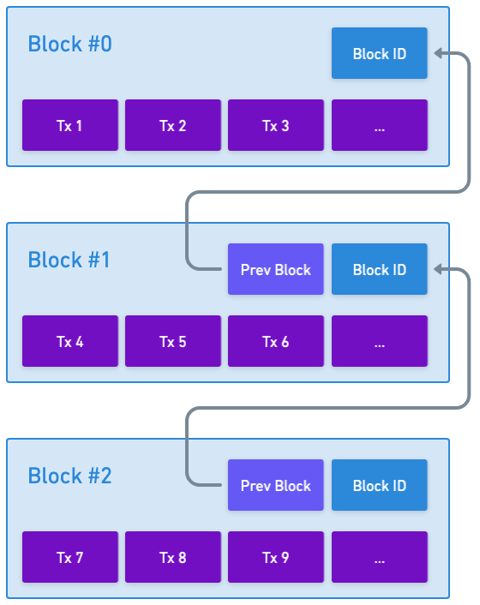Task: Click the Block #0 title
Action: pos(69,44)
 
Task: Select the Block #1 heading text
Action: pos(69,260)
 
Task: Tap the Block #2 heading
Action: pos(69,476)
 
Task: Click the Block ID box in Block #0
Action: pos(380,53)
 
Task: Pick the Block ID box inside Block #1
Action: pos(380,269)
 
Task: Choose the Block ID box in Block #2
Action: pos(380,485)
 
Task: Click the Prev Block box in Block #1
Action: pos(276,269)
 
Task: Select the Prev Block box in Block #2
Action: pos(276,485)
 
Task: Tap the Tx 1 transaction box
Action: pos(70,125)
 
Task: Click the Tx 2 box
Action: pos(173,125)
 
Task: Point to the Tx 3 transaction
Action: pos(276,125)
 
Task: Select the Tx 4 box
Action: pos(70,341)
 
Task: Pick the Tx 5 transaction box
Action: pos(173,341)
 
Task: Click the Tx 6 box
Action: pos(276,341)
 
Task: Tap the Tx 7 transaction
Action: pos(70,558)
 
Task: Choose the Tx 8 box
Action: pos(173,558)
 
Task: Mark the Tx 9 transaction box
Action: pos(276,558)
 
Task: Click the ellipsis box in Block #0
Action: pos(380,125)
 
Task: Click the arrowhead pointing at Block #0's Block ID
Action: pos(438,53)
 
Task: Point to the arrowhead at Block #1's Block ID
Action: pos(438,269)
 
